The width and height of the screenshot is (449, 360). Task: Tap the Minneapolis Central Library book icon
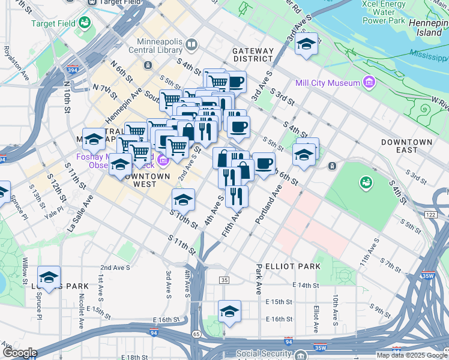click(x=191, y=44)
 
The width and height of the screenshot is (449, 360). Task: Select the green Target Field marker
click(x=84, y=23)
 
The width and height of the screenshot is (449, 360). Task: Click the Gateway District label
click(x=253, y=55)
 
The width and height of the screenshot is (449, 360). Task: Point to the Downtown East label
click(x=406, y=146)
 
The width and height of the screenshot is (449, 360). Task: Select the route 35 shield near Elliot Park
click(x=224, y=280)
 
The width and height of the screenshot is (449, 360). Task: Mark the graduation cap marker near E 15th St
click(x=229, y=311)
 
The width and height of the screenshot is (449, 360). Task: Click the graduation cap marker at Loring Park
click(x=49, y=277)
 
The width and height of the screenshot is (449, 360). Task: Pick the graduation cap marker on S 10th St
click(x=184, y=199)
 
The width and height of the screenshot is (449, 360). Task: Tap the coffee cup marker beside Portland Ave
click(x=264, y=164)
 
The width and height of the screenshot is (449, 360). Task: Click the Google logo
click(x=19, y=353)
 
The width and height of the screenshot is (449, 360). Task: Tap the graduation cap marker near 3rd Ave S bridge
click(x=306, y=44)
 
